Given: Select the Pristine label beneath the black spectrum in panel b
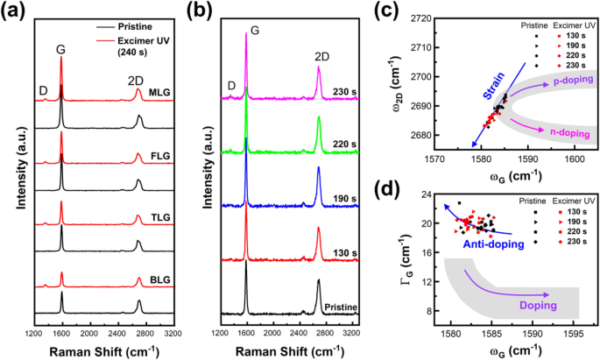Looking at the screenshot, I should pyautogui.click(x=342, y=307).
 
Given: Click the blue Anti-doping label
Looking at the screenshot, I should pyautogui.click(x=488, y=244).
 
